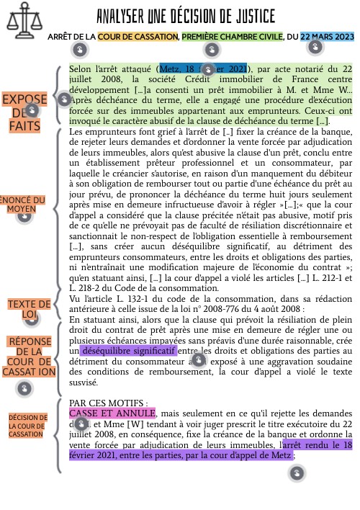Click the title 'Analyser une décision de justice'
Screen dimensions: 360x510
tap(186, 17)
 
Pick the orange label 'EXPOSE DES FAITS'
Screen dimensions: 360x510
tap(25, 112)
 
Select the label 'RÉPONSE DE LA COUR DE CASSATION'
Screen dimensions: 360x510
tap(30, 357)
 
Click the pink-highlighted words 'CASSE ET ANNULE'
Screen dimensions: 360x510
tap(112, 413)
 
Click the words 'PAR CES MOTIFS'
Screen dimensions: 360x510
tap(108, 403)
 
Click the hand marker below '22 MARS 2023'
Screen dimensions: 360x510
tap(315, 48)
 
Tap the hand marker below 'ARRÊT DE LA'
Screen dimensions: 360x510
tap(80, 49)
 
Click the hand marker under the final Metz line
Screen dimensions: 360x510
tap(297, 473)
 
